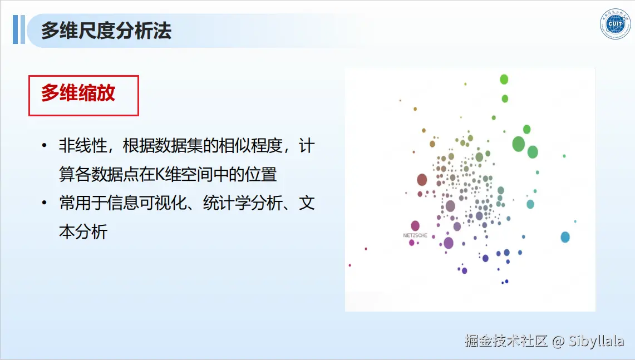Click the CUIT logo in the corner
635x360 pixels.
pyautogui.click(x=615, y=24)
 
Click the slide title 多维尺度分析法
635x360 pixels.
pyautogui.click(x=106, y=31)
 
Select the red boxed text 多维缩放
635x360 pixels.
pyautogui.click(x=78, y=93)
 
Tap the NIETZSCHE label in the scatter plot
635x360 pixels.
pyautogui.click(x=415, y=235)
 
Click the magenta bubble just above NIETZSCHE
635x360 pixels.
pyautogui.click(x=415, y=225)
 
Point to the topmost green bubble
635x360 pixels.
pyautogui.click(x=504, y=80)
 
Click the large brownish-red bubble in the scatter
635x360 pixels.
pyautogui.click(x=422, y=179)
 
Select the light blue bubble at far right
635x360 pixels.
pyautogui.click(x=565, y=237)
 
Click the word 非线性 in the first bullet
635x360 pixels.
pyautogui.click(x=83, y=146)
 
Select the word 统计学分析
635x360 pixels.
pyautogui.click(x=243, y=203)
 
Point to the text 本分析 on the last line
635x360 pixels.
pyautogui.click(x=83, y=232)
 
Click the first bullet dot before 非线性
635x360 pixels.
pyautogui.click(x=44, y=145)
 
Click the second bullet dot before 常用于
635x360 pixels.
pyautogui.click(x=44, y=203)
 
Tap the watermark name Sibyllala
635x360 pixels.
pyautogui.click(x=595, y=341)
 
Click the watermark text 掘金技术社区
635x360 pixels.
pyautogui.click(x=506, y=341)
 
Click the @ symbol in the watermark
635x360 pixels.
pyautogui.click(x=558, y=342)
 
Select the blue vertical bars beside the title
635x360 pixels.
pyautogui.click(x=18, y=29)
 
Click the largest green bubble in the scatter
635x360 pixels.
pyautogui.click(x=518, y=144)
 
